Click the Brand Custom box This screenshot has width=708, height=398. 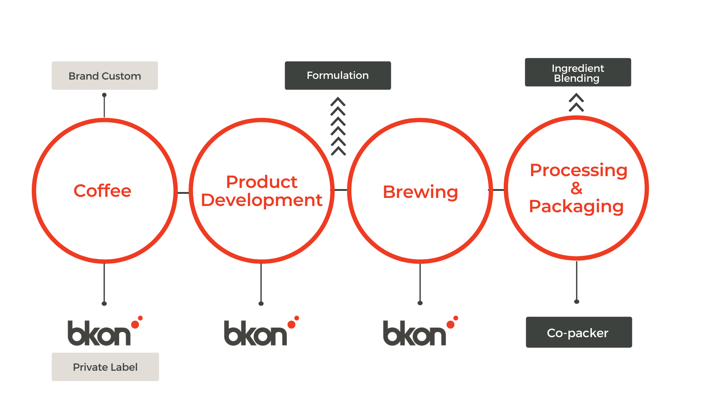(105, 76)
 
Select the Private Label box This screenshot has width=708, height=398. (105, 367)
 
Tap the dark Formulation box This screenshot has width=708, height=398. (338, 75)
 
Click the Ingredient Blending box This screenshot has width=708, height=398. (578, 72)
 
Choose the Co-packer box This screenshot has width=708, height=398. (579, 332)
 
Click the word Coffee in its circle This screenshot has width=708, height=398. (103, 191)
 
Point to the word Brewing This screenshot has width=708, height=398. (420, 192)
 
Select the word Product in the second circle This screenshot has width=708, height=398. (261, 182)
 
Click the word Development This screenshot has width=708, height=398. (261, 200)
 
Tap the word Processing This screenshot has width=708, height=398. (578, 170)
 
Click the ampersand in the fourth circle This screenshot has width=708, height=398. (576, 188)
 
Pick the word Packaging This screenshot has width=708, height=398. (576, 206)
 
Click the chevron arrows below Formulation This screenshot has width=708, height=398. (338, 126)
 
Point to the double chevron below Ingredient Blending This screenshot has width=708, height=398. (576, 102)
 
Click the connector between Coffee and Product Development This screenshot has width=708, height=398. (183, 193)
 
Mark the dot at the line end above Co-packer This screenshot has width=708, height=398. (577, 301)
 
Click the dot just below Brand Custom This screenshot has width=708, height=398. (104, 95)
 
